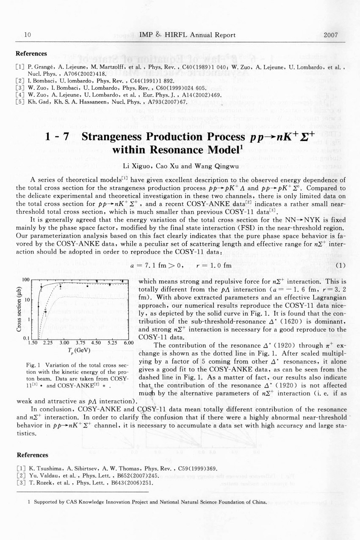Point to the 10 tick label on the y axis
tap(25, 300)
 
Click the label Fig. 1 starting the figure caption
tap(32, 365)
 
